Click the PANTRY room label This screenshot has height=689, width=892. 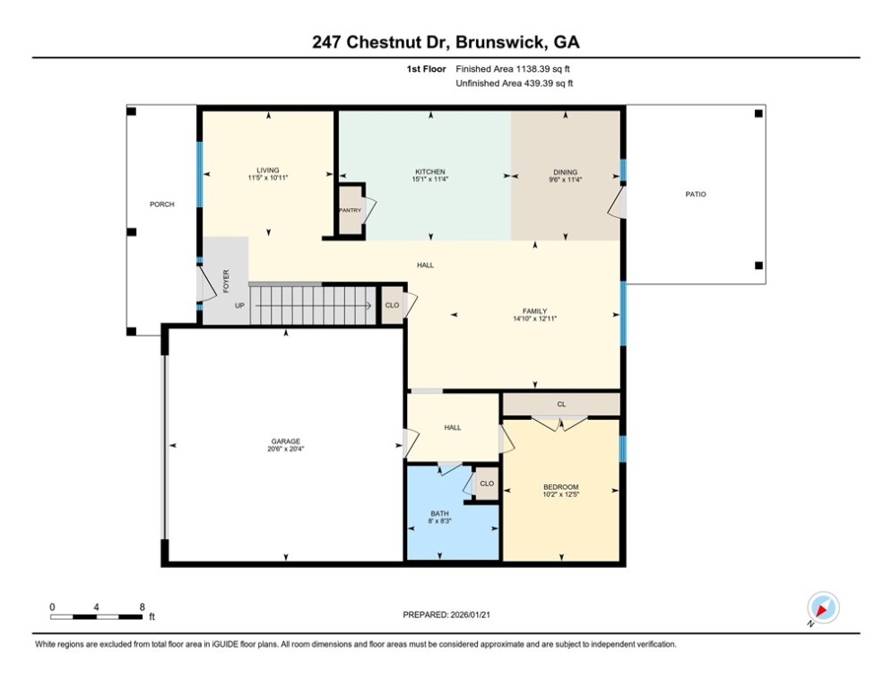tap(349, 210)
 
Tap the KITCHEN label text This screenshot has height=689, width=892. tap(429, 171)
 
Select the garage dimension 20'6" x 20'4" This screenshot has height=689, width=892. tap(285, 449)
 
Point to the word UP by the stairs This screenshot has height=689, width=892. tap(239, 305)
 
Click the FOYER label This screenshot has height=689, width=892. tap(226, 281)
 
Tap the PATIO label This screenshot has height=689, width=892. tap(696, 194)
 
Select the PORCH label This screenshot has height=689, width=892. tap(162, 205)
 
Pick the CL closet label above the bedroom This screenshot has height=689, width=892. tap(561, 405)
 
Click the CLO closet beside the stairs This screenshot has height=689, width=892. tap(392, 305)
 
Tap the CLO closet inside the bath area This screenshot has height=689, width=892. tap(486, 484)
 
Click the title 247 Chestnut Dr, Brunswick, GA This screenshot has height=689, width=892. tap(446, 42)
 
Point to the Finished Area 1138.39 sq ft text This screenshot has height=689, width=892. tap(513, 69)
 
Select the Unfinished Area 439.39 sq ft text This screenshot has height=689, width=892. tap(515, 83)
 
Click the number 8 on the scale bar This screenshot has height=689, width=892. tap(142, 607)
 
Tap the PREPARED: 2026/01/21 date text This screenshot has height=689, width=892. tap(446, 615)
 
